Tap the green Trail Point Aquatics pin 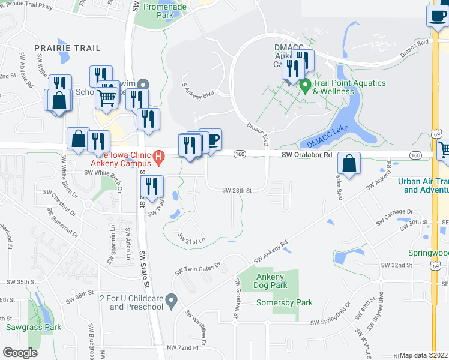pyautogui.click(x=305, y=86)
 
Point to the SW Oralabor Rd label pyautogui.click(x=307, y=155)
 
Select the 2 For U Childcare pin pyautogui.click(x=172, y=298)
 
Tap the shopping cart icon pyautogui.click(x=107, y=97)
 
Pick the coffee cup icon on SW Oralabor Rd pyautogui.click(x=211, y=140)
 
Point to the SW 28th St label pyautogui.click(x=237, y=190)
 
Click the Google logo pyautogui.click(x=20, y=353)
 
